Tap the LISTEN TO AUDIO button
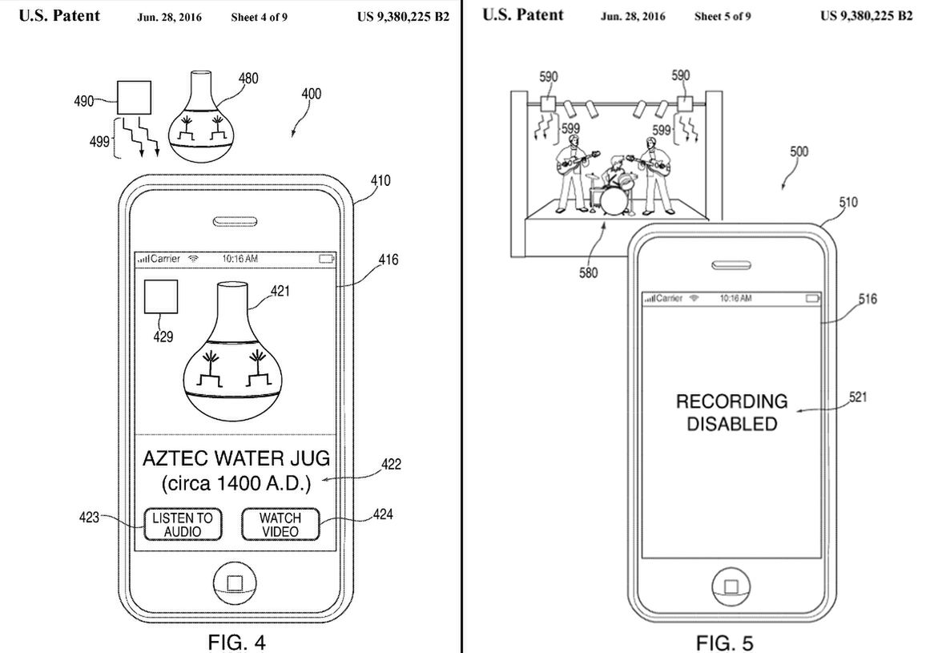click(x=183, y=524)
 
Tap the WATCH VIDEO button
click(x=280, y=524)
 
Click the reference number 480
click(x=248, y=79)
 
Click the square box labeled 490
click(x=133, y=99)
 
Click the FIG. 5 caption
click(x=724, y=643)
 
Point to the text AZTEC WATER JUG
click(x=236, y=459)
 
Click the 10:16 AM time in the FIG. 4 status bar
click(x=240, y=259)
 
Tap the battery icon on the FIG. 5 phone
click(x=813, y=298)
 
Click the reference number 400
click(x=311, y=94)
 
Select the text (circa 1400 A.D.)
click(x=236, y=483)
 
